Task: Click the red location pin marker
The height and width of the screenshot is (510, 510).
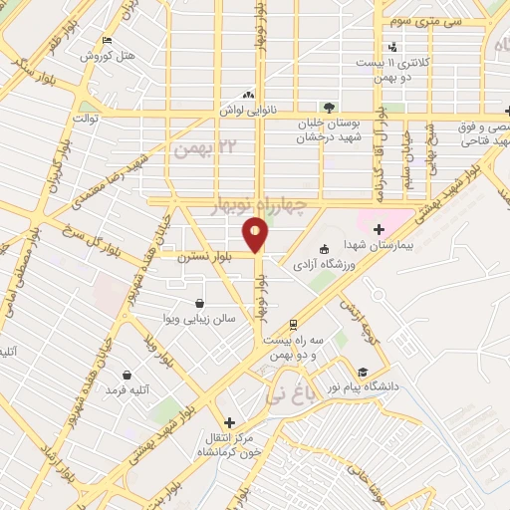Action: pos(258,236)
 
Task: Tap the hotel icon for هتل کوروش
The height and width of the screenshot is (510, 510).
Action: pos(107,41)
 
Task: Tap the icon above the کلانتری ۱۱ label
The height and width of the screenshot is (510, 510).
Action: pos(393,46)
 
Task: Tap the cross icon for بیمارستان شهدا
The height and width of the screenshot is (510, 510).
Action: pos(378,228)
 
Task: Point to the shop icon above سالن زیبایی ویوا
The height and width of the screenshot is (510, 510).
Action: pos(199,303)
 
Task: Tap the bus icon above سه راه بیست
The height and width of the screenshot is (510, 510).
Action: pos(292,325)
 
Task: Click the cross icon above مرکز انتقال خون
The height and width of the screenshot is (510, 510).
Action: pos(229,422)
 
